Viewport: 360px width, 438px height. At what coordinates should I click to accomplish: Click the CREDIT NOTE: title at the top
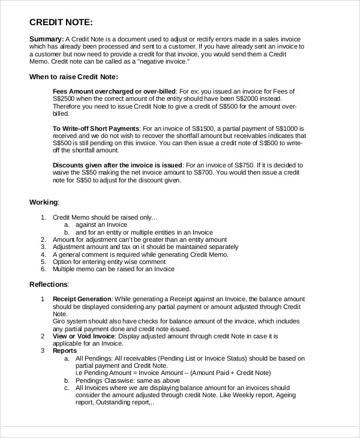point(61,23)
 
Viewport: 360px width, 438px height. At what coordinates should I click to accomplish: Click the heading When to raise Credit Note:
point(74,77)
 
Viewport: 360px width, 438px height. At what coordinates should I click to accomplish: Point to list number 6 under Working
point(43,269)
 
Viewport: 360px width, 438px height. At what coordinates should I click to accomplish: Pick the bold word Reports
point(65,351)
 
